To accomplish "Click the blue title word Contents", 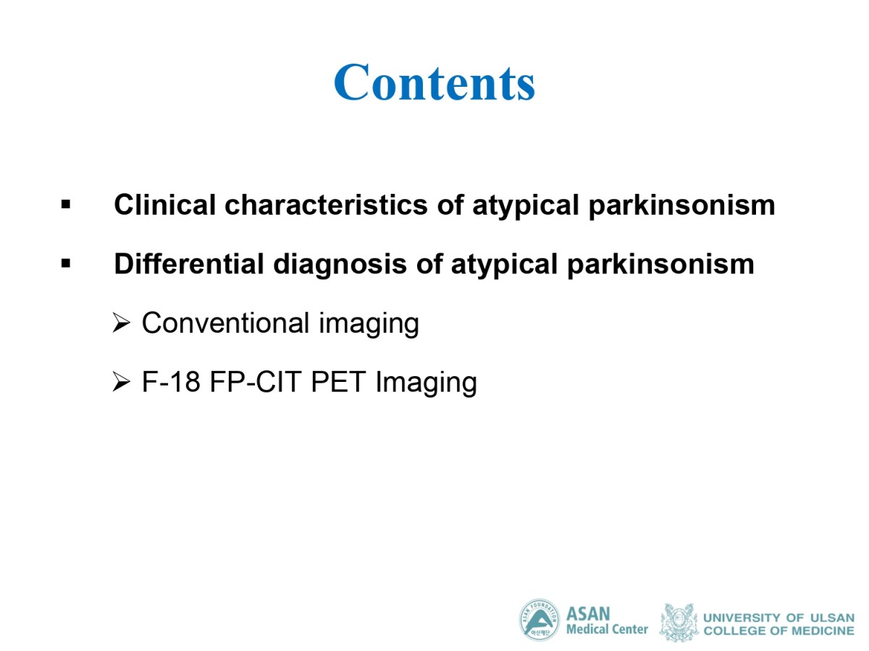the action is (434, 82).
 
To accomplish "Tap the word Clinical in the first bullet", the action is (164, 205).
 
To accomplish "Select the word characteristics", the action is (326, 205).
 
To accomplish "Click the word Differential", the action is (189, 263).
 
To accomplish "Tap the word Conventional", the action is (226, 323).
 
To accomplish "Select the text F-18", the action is (171, 381).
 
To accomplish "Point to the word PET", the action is (338, 381).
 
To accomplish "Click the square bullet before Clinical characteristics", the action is (66, 205).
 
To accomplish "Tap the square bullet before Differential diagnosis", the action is (66, 263).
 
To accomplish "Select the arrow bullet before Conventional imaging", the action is (121, 323).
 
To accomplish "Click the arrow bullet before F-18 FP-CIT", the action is (121, 382).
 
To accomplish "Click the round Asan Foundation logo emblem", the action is (540, 620).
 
